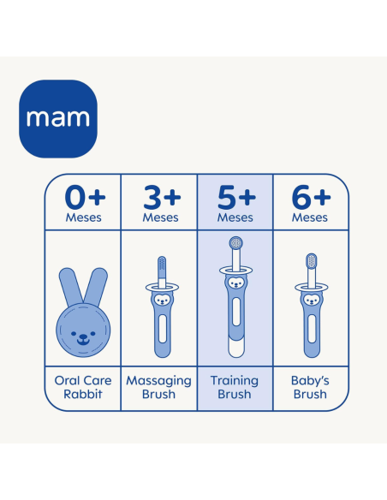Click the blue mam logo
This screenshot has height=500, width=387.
58,119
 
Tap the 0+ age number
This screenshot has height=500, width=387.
85,198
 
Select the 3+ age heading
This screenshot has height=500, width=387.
162,198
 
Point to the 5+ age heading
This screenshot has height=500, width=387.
236,198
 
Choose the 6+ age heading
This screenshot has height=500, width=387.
311,198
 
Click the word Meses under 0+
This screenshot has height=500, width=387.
84,217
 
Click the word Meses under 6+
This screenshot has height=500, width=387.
310,217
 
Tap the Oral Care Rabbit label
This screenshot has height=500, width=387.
83,387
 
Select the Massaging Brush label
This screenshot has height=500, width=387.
158,387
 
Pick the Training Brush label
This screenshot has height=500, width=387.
235,387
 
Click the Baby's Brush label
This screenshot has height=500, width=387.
310,387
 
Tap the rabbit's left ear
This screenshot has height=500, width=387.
71,286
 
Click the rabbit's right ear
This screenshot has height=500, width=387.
96,286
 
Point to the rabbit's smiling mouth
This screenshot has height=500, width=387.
83,342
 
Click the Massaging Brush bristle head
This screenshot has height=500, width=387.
162,266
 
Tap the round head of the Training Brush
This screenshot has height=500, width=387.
236,243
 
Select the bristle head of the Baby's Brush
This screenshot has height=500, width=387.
312,261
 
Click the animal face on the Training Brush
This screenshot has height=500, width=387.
236,283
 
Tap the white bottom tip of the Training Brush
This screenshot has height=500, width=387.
236,348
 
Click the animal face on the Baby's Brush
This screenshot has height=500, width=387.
312,300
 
